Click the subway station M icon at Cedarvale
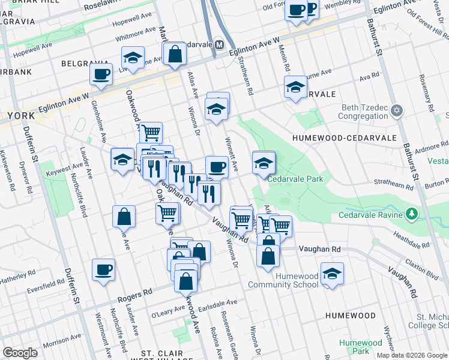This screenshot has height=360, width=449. coord(219,45)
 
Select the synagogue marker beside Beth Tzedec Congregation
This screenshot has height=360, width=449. coord(396,111)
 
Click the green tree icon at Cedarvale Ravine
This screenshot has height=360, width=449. coord(411,214)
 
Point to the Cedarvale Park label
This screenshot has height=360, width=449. coord(295,179)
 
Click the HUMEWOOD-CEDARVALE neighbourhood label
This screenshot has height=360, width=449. coord(345,138)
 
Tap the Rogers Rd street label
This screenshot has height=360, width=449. coord(135,295)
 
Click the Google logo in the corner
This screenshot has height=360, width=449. coord(20,353)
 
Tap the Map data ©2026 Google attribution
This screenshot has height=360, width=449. coord(411,355)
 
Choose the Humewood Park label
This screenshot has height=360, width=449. coord(360,347)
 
